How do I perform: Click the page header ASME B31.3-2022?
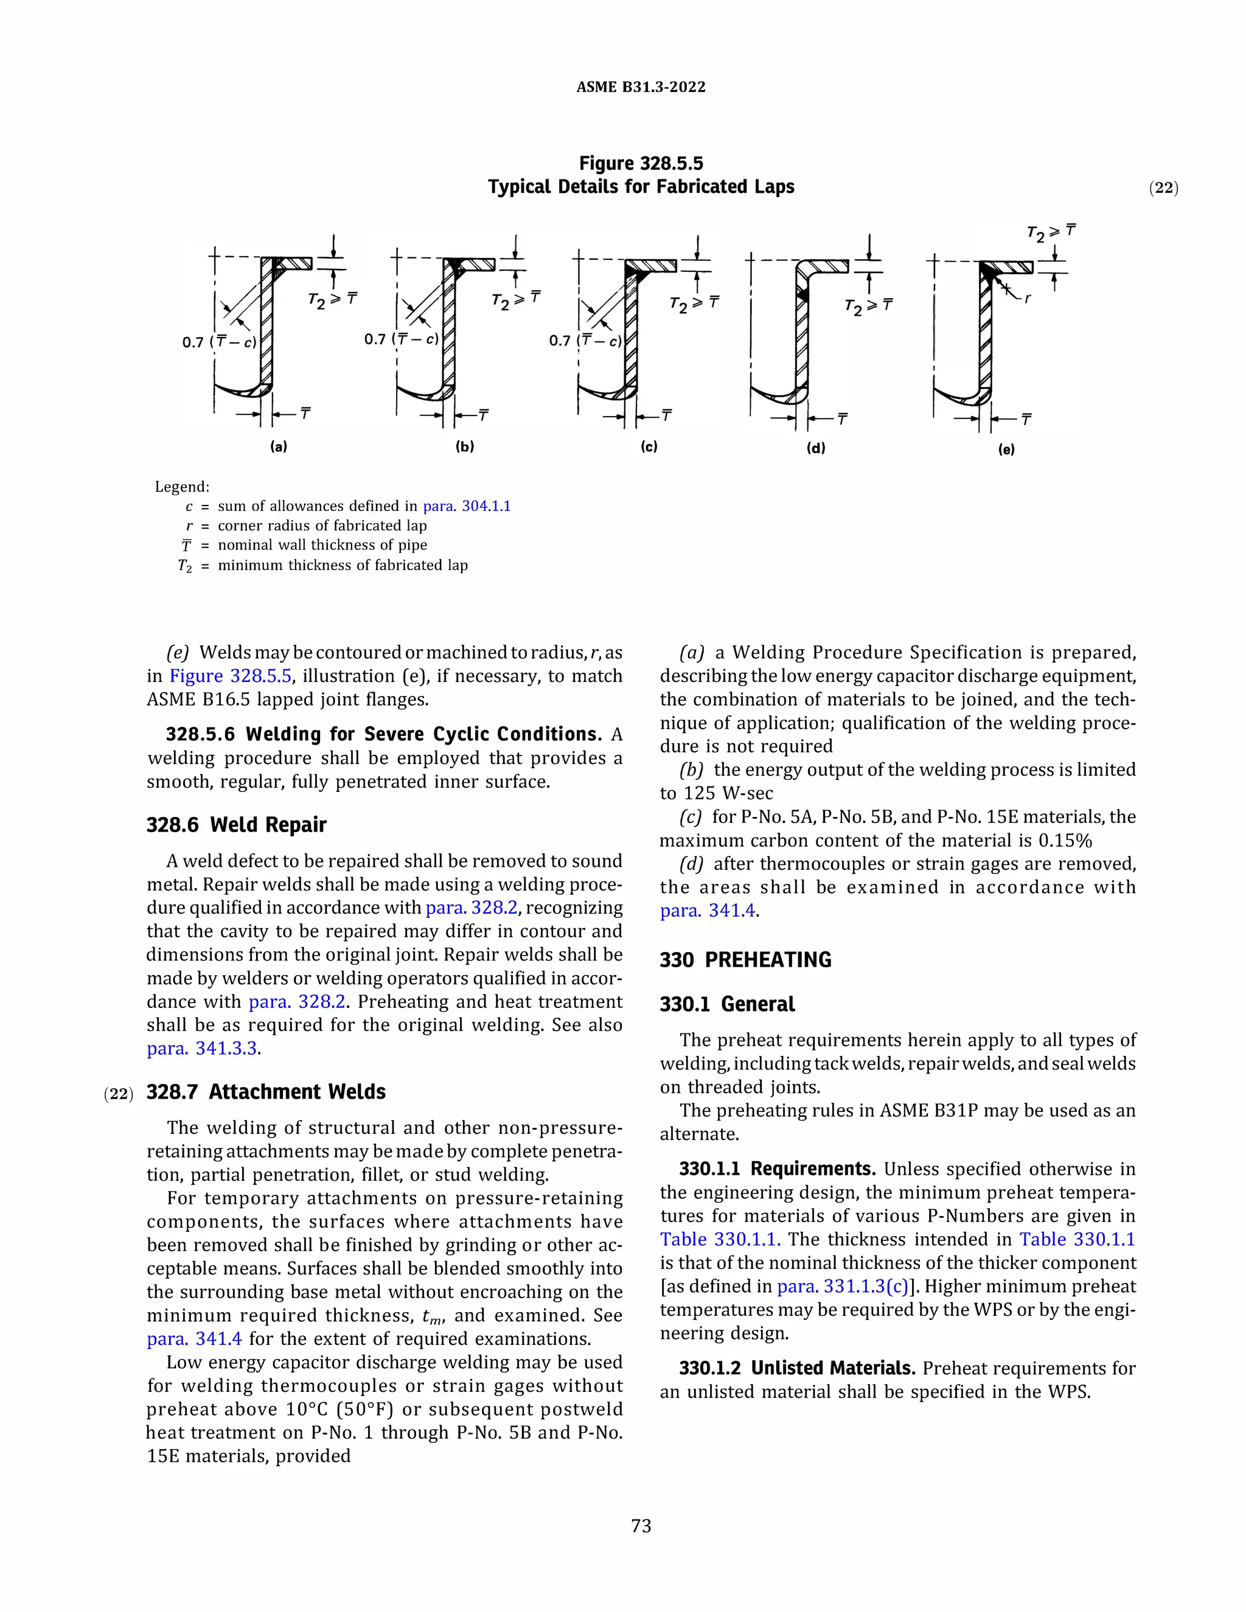641,87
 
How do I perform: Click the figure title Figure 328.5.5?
641,163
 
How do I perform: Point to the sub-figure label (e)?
1006,449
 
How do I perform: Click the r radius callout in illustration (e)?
1028,299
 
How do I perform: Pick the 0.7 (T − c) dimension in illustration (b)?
401,339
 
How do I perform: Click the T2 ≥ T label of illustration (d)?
868,307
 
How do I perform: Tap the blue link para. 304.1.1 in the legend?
467,506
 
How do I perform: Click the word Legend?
181,487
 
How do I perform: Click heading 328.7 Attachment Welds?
266,1092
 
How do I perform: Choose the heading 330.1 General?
727,1004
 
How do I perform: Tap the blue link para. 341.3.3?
203,1048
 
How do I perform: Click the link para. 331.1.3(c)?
842,1287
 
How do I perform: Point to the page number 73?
641,1526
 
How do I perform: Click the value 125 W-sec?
726,793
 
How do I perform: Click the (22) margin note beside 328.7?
118,1094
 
